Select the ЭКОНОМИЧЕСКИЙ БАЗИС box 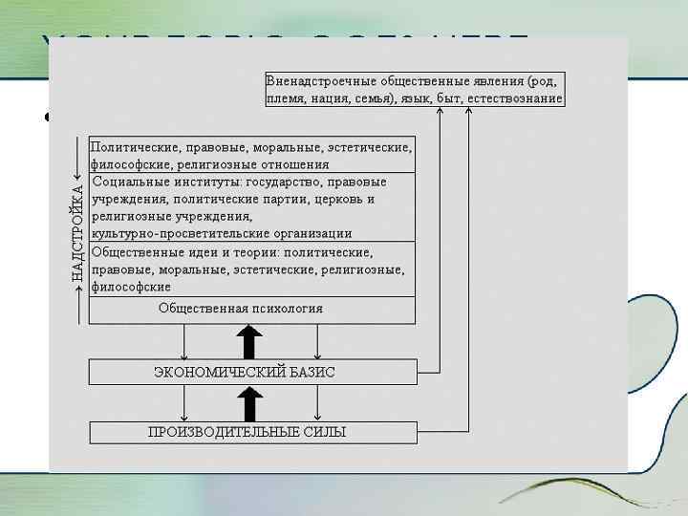coord(253,372)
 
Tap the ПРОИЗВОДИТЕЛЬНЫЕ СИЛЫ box coord(253,432)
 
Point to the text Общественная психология coord(241,309)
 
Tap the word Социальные coord(128,182)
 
